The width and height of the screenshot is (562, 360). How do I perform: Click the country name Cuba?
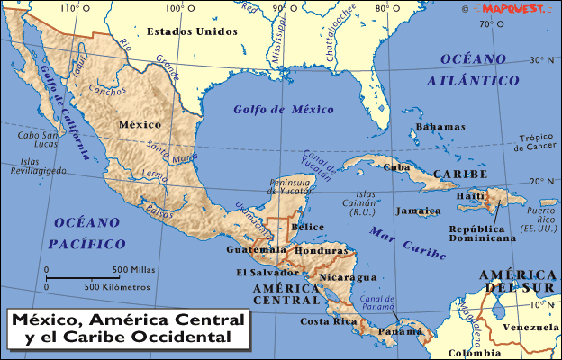click(397, 166)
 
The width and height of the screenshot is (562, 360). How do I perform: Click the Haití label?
click(471, 196)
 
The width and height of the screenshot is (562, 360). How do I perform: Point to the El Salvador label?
click(267, 272)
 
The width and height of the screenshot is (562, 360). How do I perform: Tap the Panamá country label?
click(399, 331)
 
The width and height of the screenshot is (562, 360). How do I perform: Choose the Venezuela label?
click(530, 327)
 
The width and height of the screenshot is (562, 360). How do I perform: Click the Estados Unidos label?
click(192, 31)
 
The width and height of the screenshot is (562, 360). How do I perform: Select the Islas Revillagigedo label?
click(36, 166)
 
